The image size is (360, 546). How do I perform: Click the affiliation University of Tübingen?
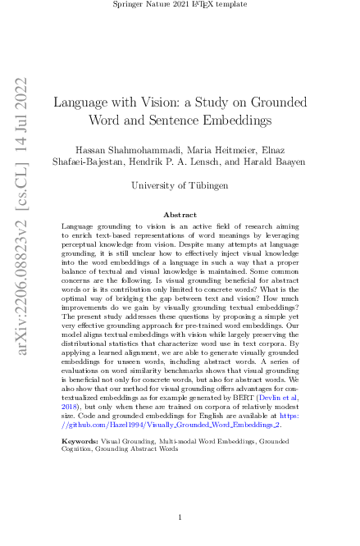180,185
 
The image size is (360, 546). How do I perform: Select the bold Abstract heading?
180,215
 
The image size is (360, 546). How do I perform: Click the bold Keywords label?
80,441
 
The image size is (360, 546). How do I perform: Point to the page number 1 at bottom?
180,518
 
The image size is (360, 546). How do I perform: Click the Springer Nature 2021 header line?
180,6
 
